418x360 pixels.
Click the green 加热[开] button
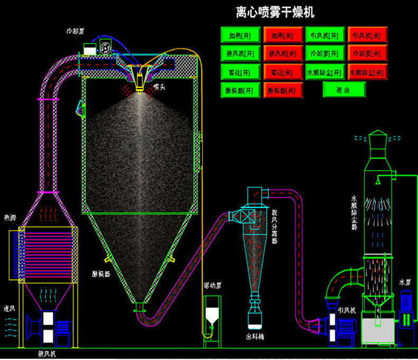(240, 35)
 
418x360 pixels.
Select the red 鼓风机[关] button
(283, 53)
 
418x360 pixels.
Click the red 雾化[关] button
(283, 71)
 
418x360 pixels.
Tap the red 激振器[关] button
(283, 89)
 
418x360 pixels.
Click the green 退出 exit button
(343, 89)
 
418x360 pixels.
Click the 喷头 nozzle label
(159, 86)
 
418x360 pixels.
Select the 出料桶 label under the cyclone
(256, 336)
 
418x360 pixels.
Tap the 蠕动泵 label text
(212, 285)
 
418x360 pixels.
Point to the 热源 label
(10, 217)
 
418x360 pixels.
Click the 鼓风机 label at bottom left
(47, 353)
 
